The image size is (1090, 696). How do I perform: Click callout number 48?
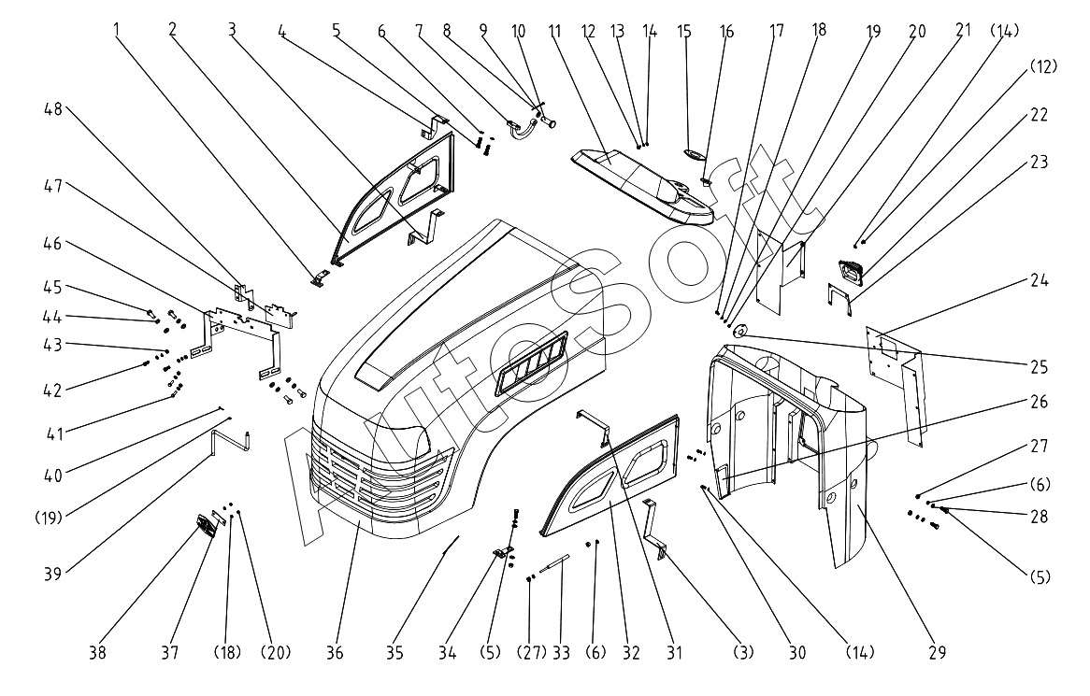click(53, 109)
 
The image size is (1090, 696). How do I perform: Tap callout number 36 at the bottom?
click(335, 653)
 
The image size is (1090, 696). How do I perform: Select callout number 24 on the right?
click(1040, 280)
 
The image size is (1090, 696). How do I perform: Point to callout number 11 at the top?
click(554, 31)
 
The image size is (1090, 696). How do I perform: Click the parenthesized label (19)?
click(50, 517)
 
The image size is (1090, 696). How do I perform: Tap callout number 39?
click(53, 574)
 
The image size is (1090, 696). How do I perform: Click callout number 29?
click(937, 652)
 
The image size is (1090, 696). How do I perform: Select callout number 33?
click(561, 653)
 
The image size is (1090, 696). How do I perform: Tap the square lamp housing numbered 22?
click(851, 271)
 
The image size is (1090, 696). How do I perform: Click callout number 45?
click(53, 287)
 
